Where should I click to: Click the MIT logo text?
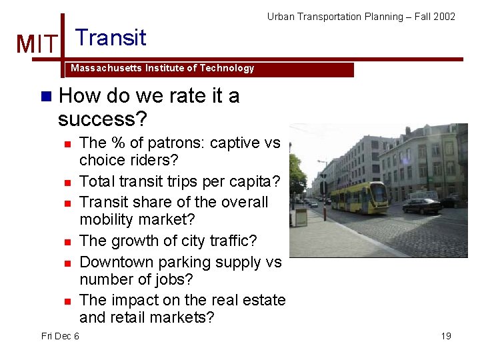point(37,44)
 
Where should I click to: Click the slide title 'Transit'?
point(111,37)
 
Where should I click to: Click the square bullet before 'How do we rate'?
point(45,96)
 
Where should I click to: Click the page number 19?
point(446,336)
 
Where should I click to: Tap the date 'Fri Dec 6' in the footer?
point(60,336)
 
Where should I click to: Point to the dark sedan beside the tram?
point(421,205)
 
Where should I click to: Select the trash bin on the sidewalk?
point(301,217)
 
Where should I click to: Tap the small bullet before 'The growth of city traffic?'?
point(67,241)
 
